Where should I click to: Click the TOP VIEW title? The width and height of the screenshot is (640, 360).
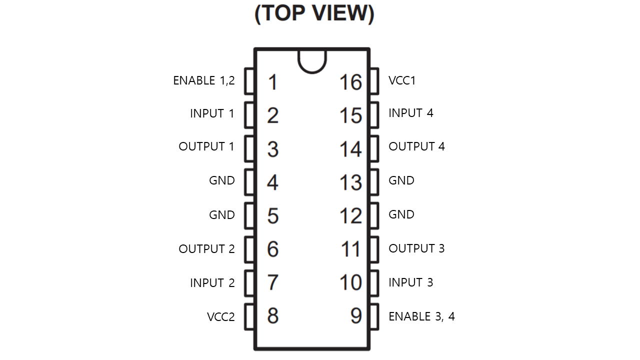click(314, 14)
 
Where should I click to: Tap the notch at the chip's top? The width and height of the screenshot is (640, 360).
click(312, 60)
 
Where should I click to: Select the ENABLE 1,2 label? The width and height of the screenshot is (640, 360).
click(203, 80)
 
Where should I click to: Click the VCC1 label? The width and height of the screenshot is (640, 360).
click(402, 80)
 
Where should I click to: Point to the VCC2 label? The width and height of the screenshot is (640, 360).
click(220, 316)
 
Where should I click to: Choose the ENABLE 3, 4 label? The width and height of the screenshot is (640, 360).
click(421, 316)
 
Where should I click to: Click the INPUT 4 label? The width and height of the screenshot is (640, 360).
click(410, 113)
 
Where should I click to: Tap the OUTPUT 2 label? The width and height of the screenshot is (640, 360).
click(206, 249)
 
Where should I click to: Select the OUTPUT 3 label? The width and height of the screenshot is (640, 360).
click(416, 248)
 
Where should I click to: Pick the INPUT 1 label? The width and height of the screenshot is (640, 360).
click(212, 113)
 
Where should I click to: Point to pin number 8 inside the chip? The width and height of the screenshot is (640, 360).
click(272, 316)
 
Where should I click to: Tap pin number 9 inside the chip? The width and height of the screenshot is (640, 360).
click(355, 316)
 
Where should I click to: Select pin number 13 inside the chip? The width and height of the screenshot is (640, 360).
click(350, 182)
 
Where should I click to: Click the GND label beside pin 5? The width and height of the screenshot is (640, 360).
click(222, 215)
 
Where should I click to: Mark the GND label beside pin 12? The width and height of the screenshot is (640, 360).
click(401, 214)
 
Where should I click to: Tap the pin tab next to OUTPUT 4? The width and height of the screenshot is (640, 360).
click(374, 149)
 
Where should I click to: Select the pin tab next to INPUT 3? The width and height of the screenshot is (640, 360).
click(374, 283)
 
